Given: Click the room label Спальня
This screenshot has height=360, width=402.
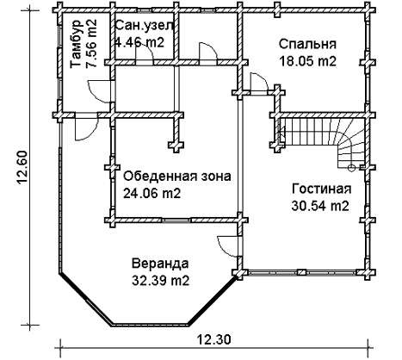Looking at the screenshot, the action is [307, 45].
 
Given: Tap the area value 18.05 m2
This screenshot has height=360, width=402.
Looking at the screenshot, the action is [307, 61].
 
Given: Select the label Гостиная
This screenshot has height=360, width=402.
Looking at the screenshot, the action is [321, 189].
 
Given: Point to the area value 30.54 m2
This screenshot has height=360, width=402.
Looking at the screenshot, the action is [320, 206].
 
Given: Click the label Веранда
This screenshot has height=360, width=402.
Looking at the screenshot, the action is [160, 264].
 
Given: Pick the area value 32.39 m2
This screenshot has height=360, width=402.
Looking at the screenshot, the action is [161, 281].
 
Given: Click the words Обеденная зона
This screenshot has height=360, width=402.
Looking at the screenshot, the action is [177, 177].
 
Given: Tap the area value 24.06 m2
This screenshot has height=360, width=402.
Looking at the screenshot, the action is [152, 194].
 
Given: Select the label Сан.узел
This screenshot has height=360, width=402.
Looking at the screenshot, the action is [144, 26].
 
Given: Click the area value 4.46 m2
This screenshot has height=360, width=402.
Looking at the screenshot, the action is [139, 42].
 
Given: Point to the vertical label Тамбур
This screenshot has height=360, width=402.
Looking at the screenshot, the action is [77, 44].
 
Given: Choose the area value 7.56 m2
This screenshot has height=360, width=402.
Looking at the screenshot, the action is [92, 44].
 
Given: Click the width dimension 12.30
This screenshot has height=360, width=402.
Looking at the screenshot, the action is [213, 340].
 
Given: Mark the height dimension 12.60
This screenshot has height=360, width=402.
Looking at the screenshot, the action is [23, 168].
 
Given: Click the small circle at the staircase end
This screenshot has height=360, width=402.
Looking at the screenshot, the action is [351, 168].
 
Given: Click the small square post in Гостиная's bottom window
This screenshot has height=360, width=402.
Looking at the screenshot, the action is [301, 272].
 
